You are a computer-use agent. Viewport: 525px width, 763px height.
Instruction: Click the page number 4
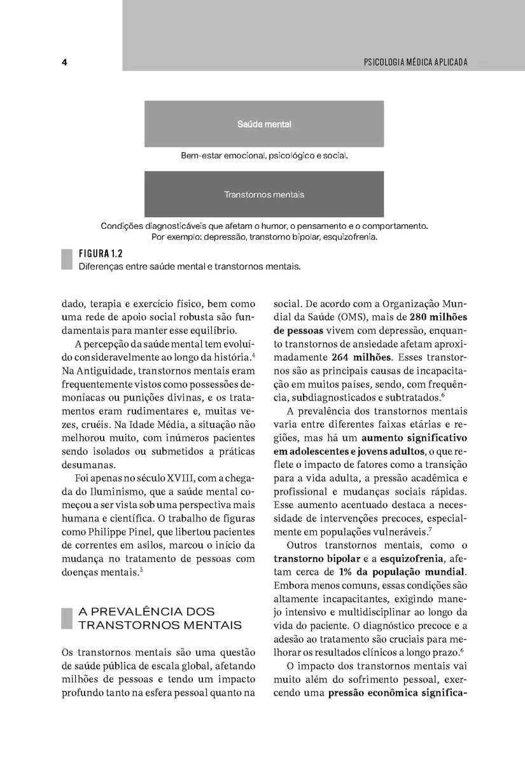tap(65, 62)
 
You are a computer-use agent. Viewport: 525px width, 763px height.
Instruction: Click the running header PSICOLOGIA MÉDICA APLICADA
tap(415, 62)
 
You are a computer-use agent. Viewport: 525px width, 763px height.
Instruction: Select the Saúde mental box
tap(264, 124)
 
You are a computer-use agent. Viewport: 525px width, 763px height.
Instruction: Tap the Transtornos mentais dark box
tap(264, 194)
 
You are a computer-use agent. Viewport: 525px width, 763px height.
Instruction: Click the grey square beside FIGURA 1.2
tap(66, 259)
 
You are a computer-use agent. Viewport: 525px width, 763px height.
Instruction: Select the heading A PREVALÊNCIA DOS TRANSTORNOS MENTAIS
tap(159, 618)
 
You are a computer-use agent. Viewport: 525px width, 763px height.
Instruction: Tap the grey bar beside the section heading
tap(66, 618)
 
